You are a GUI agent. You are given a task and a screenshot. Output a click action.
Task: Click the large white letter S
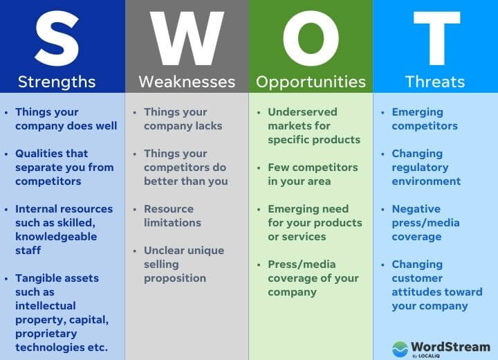point(57,37)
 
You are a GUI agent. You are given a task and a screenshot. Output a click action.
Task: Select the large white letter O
point(311,37)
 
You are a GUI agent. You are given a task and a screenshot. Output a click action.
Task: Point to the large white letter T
point(435,37)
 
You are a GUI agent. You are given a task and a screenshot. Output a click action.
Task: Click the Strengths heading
point(57,82)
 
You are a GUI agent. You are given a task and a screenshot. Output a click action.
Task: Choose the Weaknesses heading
point(187,82)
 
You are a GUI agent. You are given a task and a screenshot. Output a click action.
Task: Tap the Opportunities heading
point(311,82)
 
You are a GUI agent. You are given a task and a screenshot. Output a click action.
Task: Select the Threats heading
point(435,82)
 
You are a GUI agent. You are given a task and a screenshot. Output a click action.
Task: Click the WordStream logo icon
point(400,348)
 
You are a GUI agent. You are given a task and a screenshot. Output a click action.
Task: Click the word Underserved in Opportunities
point(302,112)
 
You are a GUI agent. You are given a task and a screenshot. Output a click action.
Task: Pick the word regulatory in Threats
point(421,168)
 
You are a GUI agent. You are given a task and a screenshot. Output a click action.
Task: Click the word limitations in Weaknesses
point(172,223)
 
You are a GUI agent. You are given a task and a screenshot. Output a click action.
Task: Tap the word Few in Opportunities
point(278,168)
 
